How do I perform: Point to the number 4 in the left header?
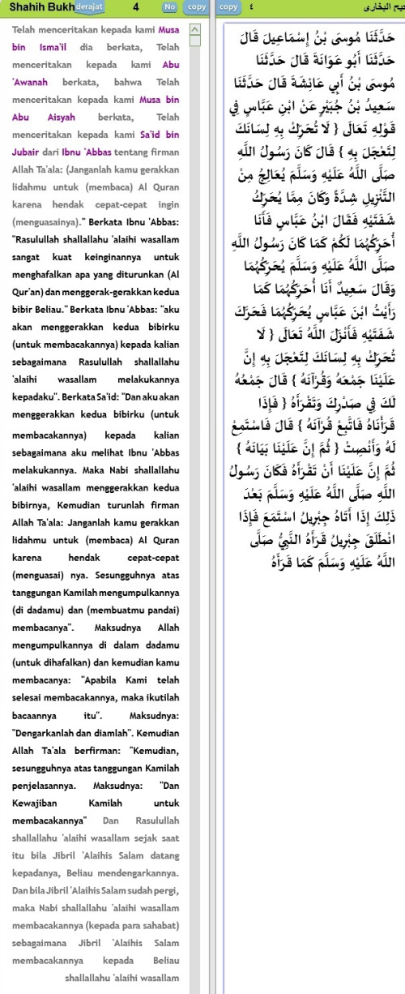pos(134,6)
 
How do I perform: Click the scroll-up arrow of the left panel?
pos(194,29)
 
